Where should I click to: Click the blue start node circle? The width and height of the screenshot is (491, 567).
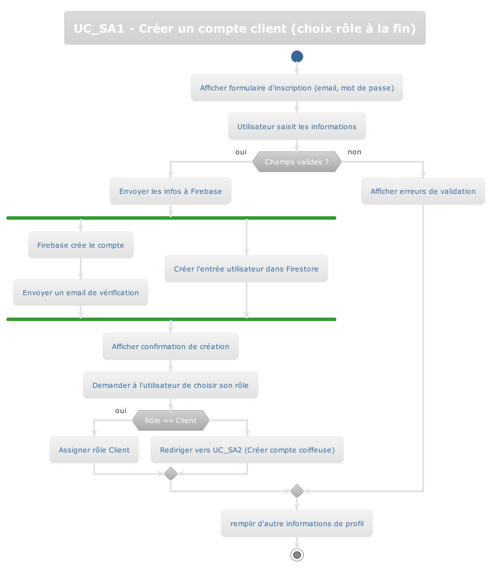(297, 56)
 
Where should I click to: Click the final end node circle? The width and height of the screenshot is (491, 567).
(297, 555)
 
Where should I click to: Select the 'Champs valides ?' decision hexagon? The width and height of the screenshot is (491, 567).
(297, 162)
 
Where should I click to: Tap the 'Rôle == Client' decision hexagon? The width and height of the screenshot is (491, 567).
(170, 421)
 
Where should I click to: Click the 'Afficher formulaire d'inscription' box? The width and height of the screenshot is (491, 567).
(297, 88)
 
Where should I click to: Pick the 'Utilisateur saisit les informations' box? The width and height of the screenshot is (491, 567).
(297, 127)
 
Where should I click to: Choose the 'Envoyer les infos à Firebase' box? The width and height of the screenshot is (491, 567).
(170, 192)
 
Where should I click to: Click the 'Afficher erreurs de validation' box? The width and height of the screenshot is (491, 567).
(423, 192)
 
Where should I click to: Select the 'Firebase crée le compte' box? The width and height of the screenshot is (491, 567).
(81, 245)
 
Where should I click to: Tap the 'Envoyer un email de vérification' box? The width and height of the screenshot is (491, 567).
(81, 293)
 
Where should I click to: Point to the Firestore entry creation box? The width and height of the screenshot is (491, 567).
(246, 269)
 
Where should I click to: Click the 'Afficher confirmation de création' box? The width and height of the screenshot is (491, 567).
(170, 347)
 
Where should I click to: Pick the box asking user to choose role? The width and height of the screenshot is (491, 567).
(170, 385)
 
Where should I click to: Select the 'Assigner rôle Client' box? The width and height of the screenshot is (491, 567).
(94, 450)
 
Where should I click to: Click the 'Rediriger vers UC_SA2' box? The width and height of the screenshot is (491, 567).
(247, 450)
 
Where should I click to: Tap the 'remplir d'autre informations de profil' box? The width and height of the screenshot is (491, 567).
(297, 524)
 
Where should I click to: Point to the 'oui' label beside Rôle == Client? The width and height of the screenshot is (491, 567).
(121, 411)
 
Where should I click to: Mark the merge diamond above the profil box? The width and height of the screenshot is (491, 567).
(297, 491)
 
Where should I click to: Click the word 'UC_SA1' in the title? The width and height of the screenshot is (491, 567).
(99, 28)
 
